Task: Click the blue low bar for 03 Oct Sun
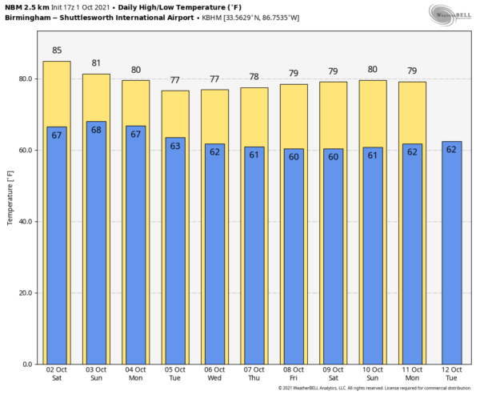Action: [x=96, y=248]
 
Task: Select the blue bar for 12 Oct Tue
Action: [x=451, y=256]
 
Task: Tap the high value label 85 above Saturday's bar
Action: [x=57, y=50]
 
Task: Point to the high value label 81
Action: [x=96, y=63]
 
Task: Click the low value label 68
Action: [x=96, y=129]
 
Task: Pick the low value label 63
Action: [x=174, y=145]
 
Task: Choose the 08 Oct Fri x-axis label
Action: [x=293, y=374]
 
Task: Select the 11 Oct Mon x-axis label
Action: [x=412, y=374]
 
